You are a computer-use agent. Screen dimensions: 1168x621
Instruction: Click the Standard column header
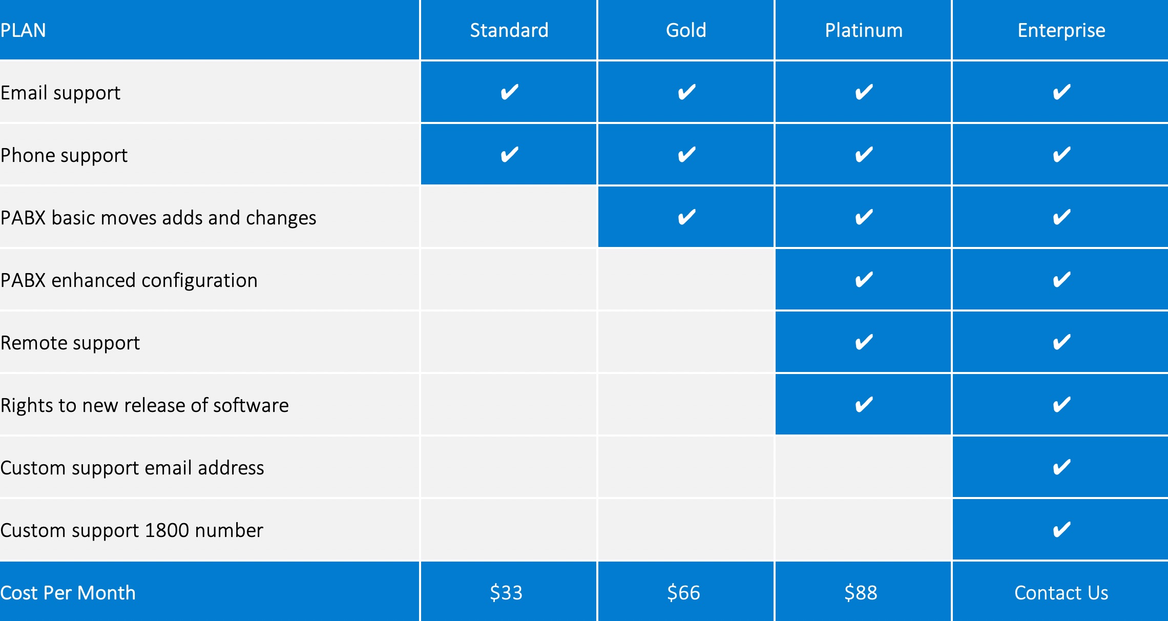(x=509, y=30)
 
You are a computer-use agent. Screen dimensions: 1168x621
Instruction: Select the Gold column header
(x=686, y=30)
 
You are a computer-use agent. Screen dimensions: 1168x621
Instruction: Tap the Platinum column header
(x=864, y=30)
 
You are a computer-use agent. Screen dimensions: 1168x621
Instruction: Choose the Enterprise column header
(x=1061, y=31)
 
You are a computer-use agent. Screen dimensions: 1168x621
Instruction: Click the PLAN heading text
(x=23, y=30)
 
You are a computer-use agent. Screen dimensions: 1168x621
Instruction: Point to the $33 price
(x=506, y=593)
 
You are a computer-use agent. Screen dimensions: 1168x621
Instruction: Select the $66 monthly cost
(x=683, y=593)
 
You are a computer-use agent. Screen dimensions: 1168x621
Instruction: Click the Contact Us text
(x=1061, y=593)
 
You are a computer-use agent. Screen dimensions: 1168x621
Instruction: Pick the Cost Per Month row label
(x=68, y=593)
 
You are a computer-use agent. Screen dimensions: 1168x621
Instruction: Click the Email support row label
(x=60, y=93)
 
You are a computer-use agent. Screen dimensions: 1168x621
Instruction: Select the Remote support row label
(x=70, y=343)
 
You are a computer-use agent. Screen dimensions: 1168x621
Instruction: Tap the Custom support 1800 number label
(x=132, y=530)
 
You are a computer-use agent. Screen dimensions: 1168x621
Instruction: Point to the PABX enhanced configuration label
(x=129, y=281)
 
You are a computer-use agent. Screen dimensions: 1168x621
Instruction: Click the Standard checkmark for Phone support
(x=509, y=154)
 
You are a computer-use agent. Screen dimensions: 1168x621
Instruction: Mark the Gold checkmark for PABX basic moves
(x=686, y=217)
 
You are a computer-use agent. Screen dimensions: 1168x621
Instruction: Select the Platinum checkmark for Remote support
(x=864, y=342)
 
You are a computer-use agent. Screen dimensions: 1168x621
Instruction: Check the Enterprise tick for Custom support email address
(x=1061, y=467)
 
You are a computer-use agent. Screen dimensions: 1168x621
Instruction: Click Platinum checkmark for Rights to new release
(x=864, y=404)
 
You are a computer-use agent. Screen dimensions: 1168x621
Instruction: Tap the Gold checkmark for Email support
(x=686, y=92)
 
